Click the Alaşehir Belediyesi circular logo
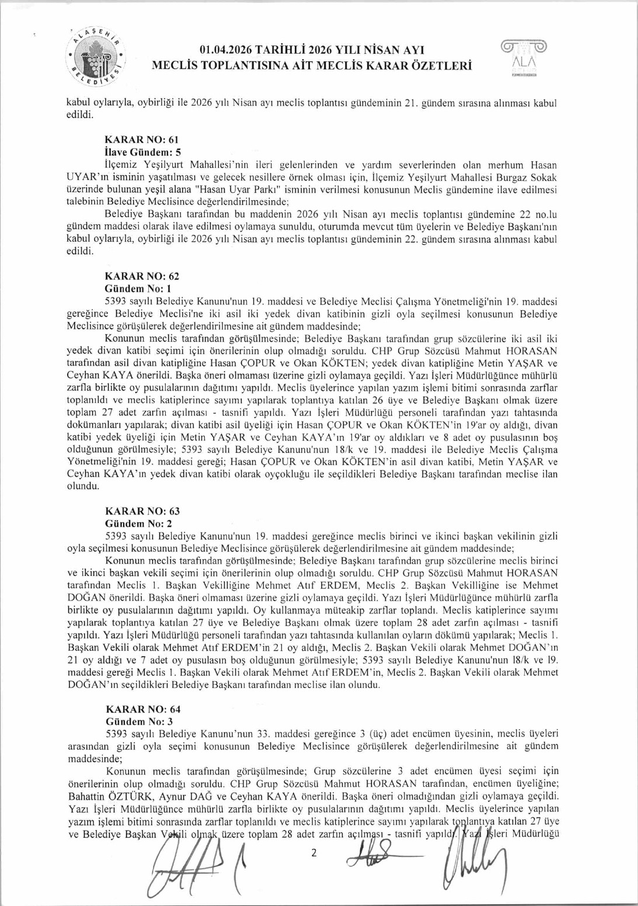97,56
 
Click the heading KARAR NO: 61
141,140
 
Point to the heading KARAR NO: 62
141,276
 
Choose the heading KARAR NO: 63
142,511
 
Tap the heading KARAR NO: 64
142,709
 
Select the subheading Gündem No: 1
137,289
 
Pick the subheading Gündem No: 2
138,523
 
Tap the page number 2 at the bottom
313,852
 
